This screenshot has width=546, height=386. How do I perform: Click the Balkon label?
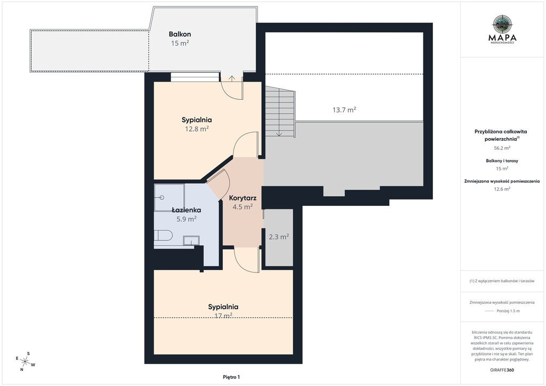point(180,34)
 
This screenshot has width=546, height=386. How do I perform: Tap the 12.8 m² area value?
point(197,129)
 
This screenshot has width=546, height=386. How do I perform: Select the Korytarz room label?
point(243,198)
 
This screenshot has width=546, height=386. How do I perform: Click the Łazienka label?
point(186,210)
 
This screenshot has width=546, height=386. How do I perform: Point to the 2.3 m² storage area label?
point(278,237)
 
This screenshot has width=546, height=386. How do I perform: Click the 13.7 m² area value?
point(344,110)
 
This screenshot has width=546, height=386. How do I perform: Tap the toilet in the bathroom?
point(163,235)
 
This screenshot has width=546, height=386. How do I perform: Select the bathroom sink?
point(191,240)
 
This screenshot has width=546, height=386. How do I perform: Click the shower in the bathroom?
point(169,198)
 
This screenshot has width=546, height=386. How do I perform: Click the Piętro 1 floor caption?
point(231,377)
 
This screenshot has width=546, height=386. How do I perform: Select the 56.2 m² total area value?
point(502,148)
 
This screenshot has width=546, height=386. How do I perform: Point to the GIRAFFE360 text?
point(502,370)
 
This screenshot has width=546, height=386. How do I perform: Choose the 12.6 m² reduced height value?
point(502,189)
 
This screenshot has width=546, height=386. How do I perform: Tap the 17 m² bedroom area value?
point(223,316)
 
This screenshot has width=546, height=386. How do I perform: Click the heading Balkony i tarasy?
point(502,161)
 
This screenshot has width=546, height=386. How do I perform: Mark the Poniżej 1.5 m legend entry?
point(508,311)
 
